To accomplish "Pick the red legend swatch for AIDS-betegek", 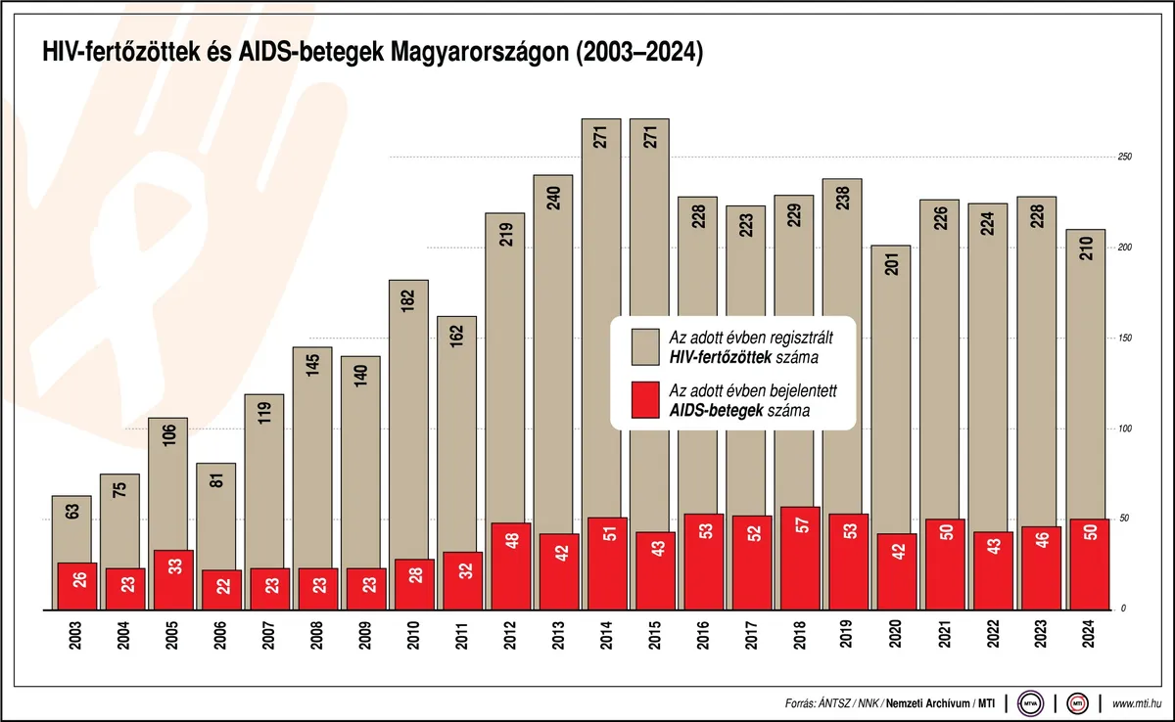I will pyautogui.click(x=645, y=400).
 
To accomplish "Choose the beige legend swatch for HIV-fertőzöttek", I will pyautogui.click(x=645, y=345).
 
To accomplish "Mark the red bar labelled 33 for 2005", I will pyautogui.click(x=172, y=580).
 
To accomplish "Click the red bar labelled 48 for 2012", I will pyautogui.click(x=510, y=566).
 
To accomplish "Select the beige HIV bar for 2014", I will pyautogui.click(x=601, y=313).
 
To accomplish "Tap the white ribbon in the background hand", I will pyautogui.click(x=137, y=245).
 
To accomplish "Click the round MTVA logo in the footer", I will pyautogui.click(x=1030, y=701).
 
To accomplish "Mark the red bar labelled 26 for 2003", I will pyautogui.click(x=76, y=586).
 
